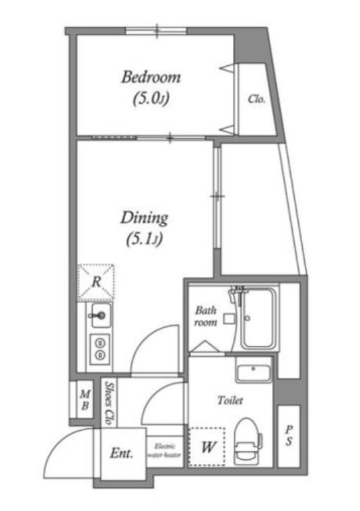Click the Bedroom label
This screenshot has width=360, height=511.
coord(151,77)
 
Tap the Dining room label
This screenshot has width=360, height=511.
coord(144,218)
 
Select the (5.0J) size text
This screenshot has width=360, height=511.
coord(151,98)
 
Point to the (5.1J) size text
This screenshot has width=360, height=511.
coord(144,240)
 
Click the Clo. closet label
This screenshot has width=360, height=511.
coord(256,99)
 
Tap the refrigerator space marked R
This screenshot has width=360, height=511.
coord(96,282)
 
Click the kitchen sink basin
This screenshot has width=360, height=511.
coord(101,315)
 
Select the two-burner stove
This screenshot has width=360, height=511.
coord(100,349)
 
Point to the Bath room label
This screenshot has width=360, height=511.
coord(206,316)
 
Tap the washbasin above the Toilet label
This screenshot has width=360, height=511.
coord(254,374)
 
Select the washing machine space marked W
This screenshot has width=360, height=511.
coord(207,447)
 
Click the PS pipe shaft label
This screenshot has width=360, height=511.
coord(289,436)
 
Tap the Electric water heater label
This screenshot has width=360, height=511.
coord(165,450)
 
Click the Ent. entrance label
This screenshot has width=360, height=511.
coord(122,453)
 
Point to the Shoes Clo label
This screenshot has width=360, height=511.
coord(108,403)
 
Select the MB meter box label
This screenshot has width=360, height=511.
coord(85,400)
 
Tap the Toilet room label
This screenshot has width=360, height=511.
coord(230,400)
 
